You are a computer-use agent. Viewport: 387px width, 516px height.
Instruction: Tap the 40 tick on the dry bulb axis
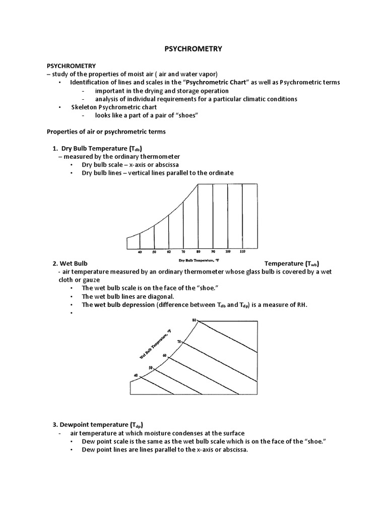(x=140, y=251)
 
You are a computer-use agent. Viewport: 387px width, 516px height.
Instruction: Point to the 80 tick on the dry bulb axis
(x=198, y=251)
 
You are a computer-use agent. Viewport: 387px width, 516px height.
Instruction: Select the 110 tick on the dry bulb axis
(x=242, y=251)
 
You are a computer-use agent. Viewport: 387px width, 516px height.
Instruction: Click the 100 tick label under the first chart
(x=228, y=251)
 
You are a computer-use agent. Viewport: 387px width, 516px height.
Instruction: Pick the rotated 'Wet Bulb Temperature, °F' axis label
(x=155, y=346)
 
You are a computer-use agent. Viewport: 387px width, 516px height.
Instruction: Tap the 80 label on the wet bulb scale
(x=194, y=320)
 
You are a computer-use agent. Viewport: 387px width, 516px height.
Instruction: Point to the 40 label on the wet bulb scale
(x=136, y=375)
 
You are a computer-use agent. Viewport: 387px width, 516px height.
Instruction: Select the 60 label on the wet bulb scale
(x=164, y=356)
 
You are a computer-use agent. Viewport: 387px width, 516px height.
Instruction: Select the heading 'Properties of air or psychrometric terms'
(x=106, y=132)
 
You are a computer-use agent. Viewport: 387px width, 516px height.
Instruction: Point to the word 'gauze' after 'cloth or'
(x=92, y=280)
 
